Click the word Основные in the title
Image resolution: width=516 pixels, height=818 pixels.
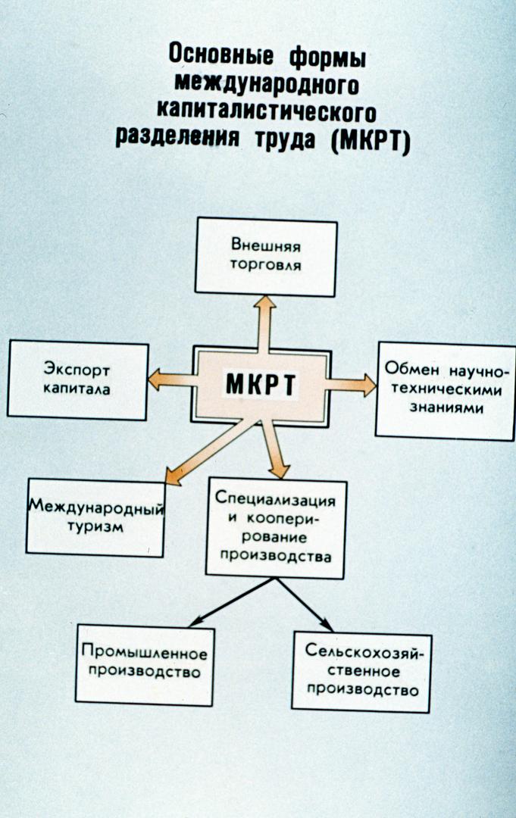click(220, 55)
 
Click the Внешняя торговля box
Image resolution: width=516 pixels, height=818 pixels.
click(266, 257)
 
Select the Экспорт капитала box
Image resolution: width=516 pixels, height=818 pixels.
click(78, 379)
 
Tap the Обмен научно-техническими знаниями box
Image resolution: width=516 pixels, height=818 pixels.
click(446, 391)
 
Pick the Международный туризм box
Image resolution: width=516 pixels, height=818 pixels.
click(95, 518)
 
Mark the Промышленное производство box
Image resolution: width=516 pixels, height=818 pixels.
click(145, 665)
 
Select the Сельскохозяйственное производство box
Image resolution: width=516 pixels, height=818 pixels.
click(361, 672)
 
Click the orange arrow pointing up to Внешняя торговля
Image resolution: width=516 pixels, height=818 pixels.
click(266, 323)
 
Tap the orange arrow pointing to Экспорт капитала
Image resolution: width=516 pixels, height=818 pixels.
click(173, 379)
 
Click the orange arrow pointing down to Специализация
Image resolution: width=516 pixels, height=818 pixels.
click(275, 450)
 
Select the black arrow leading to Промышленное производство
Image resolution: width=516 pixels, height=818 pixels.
click(231, 602)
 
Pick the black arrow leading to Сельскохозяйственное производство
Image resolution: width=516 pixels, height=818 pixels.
click(304, 604)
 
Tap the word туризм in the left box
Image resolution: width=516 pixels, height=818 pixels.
click(95, 526)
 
